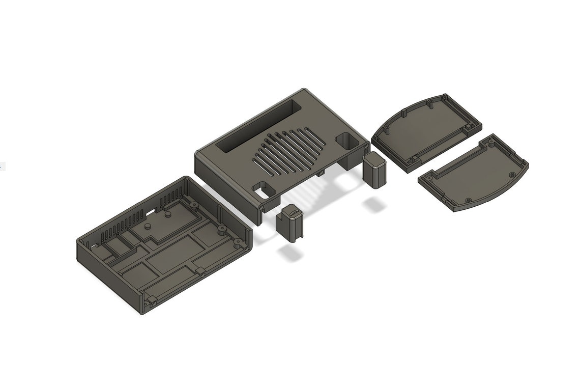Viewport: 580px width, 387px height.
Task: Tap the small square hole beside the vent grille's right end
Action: (x=346, y=141)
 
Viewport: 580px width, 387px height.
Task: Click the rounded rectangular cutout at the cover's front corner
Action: (x=264, y=189)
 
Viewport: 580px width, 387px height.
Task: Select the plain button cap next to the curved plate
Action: (x=375, y=171)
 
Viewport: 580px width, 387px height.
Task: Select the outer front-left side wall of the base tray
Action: (x=107, y=280)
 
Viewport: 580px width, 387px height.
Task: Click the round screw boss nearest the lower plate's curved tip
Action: (x=469, y=198)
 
